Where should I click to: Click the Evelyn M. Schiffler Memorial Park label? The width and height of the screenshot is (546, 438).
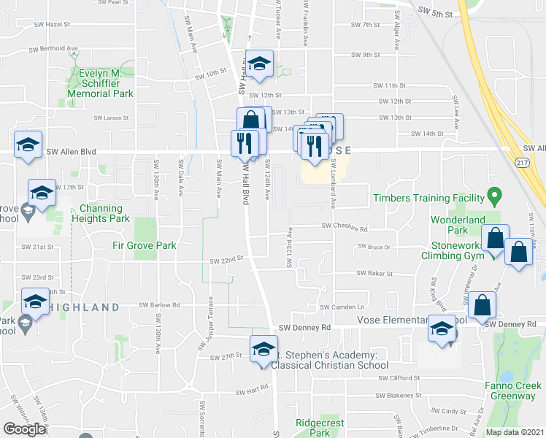(101, 84)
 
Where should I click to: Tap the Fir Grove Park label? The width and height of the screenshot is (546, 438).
(145, 246)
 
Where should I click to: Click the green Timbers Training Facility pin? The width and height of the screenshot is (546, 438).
(494, 197)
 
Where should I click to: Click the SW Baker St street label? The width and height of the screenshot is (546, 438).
(374, 274)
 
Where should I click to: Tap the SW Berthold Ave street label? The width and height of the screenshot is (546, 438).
(53, 50)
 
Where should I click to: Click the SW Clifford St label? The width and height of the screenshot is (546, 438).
(399, 378)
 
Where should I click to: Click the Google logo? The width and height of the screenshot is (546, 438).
(24, 429)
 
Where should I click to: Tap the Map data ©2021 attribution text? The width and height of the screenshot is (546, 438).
(515, 432)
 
